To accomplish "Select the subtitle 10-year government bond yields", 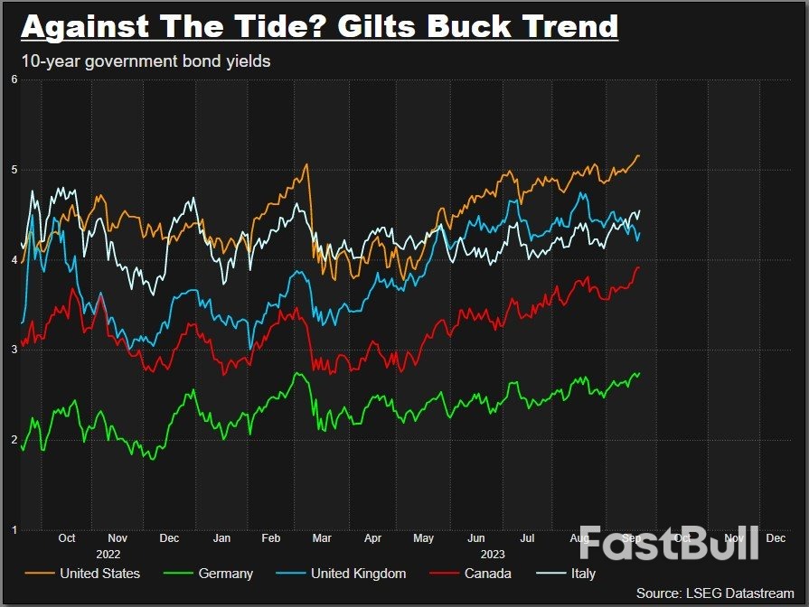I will [146, 61].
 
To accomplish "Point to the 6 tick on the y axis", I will [14, 79].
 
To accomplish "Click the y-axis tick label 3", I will [14, 350].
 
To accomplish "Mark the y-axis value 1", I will [14, 529].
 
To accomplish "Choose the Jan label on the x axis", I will [221, 537].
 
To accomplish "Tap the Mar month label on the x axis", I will [321, 537].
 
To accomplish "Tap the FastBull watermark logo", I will [668, 543].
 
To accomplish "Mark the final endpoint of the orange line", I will [639, 155].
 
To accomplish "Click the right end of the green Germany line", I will [639, 373].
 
